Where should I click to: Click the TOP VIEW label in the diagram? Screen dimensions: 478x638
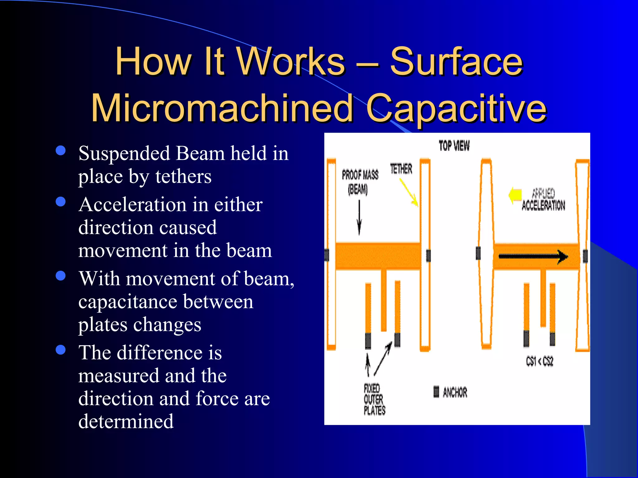454,146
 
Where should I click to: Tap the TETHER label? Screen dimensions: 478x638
401,169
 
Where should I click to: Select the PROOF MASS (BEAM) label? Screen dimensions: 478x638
359,181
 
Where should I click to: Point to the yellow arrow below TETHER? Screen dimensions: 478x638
409,193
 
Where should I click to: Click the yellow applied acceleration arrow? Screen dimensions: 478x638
515,195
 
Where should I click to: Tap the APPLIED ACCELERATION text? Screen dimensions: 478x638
543,200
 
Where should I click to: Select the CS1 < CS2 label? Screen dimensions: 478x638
539,361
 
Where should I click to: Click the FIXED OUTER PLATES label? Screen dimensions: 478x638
374,400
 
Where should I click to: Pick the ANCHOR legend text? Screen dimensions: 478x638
455,392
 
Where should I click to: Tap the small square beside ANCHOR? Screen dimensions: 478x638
436,391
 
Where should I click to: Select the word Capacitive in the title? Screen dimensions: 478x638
456,108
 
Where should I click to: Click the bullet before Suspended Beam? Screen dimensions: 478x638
60,151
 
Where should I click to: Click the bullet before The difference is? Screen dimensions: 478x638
60,350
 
